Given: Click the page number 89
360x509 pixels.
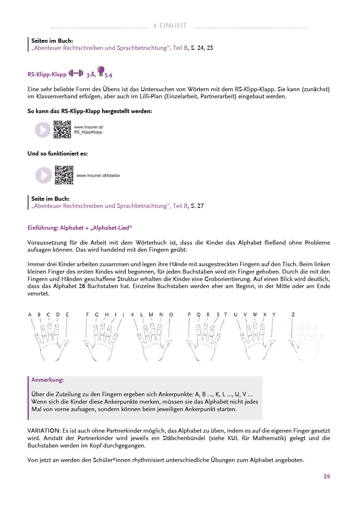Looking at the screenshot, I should (326, 476).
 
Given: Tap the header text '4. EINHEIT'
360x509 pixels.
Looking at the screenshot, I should (170, 25).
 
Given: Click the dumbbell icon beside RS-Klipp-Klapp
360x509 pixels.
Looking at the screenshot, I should (76, 73).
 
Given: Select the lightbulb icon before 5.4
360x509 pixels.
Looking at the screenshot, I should (101, 71).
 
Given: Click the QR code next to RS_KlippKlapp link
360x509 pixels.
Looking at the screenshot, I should (62, 129).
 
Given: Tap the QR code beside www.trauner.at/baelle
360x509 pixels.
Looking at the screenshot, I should (64, 175).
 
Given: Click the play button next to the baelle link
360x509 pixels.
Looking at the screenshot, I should (43, 175).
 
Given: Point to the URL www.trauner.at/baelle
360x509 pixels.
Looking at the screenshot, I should (98, 175).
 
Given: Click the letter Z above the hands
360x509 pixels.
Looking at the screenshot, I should (293, 315).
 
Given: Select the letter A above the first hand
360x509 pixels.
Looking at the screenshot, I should (30, 315).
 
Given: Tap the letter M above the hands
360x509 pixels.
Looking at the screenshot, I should (151, 315).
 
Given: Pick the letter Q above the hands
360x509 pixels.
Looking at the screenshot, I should (198, 315).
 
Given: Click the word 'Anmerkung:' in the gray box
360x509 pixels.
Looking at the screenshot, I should (47, 380).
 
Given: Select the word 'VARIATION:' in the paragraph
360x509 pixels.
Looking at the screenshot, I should (44, 431).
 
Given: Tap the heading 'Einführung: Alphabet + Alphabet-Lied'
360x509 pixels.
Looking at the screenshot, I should (80, 228).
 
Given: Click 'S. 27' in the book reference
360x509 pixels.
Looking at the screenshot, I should (197, 206).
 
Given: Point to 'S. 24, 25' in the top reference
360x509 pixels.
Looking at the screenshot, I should (202, 48).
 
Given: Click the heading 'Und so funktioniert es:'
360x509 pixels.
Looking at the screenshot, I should (58, 153).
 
